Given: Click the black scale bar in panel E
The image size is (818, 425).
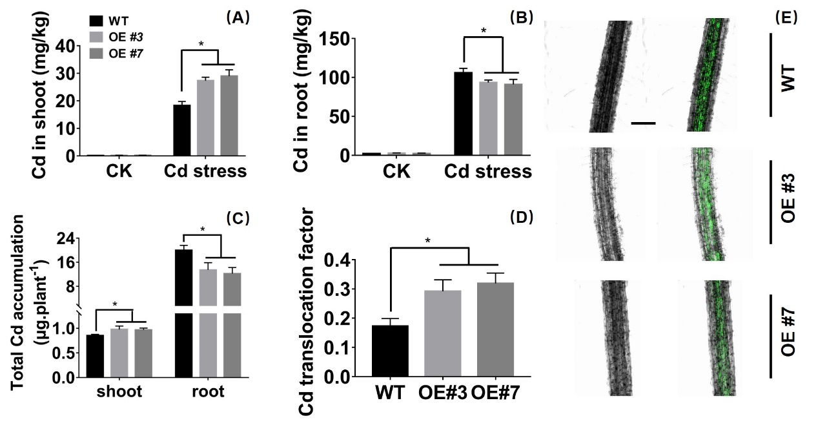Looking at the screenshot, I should (643, 123).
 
